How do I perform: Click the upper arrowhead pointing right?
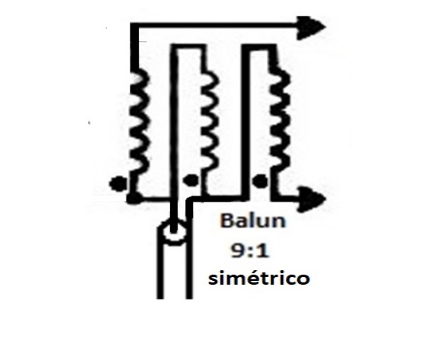pos(311,27)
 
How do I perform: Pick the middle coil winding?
pos(209,123)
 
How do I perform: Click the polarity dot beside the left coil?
pos(118,183)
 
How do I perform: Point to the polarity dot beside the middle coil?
pos(191,181)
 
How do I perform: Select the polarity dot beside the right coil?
pos(260,181)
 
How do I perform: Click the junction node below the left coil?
pos(134,198)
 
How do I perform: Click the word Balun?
pos(253,220)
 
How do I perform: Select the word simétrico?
pos(259,279)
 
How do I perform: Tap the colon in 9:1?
pos(251,252)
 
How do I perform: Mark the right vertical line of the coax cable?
pos(189,264)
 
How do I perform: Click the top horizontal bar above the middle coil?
pos(188,47)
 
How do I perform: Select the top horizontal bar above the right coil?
pos(259,47)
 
